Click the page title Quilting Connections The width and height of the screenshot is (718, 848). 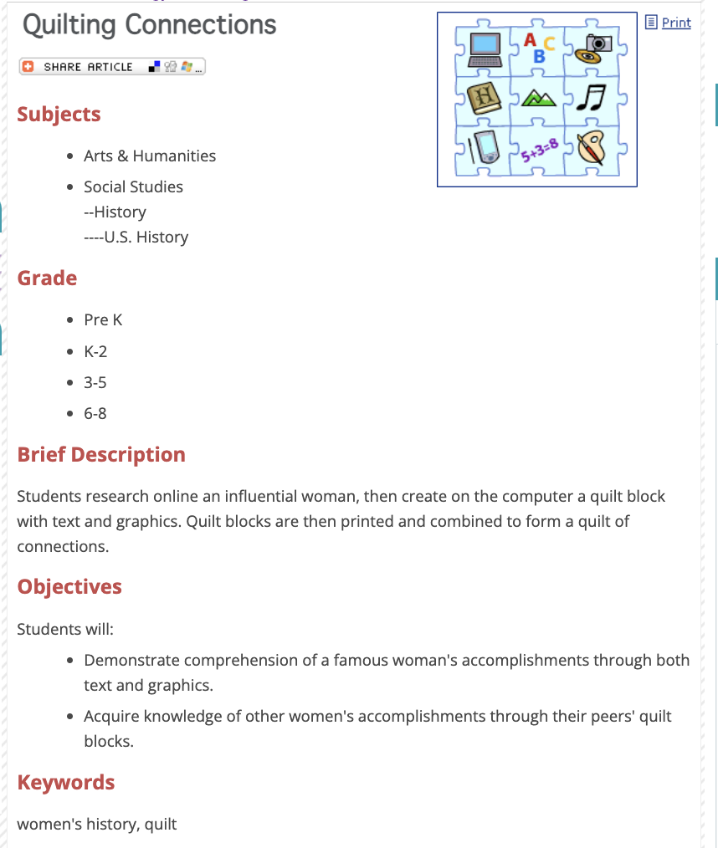coord(149,25)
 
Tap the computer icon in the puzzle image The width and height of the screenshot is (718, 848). coord(486,49)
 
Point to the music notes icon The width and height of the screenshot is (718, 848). coord(593,99)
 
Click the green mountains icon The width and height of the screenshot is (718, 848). coord(540,100)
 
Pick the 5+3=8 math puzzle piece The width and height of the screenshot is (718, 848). coord(538,151)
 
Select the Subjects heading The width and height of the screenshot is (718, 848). coord(59,115)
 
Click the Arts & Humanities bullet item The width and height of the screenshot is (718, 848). coord(150,156)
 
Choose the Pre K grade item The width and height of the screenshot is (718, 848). coord(103,320)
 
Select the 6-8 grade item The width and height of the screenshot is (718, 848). coord(95,413)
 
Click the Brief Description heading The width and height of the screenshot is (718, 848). coord(101,455)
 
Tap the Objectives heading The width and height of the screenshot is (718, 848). coord(69,587)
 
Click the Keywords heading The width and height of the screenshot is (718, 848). coord(66,783)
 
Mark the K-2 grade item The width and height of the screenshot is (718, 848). coord(95,352)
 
